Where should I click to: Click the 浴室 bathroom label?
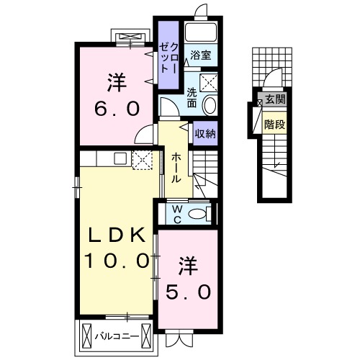201,55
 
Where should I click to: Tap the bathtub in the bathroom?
201,32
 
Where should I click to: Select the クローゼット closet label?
168,58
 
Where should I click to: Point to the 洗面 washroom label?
192,98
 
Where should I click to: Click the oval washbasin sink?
210,105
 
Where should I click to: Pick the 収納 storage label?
205,133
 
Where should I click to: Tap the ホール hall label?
176,168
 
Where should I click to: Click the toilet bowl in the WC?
197,214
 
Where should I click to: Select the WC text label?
177,215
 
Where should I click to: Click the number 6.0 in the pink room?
117,109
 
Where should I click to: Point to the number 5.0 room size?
189,292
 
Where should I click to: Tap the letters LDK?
117,235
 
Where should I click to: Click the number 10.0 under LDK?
117,261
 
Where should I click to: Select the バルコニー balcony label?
117,336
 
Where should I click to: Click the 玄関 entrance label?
275,99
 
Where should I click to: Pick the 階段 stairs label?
275,125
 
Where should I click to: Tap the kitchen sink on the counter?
120,158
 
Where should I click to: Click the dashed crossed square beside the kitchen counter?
143,160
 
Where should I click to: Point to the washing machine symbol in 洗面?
209,82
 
